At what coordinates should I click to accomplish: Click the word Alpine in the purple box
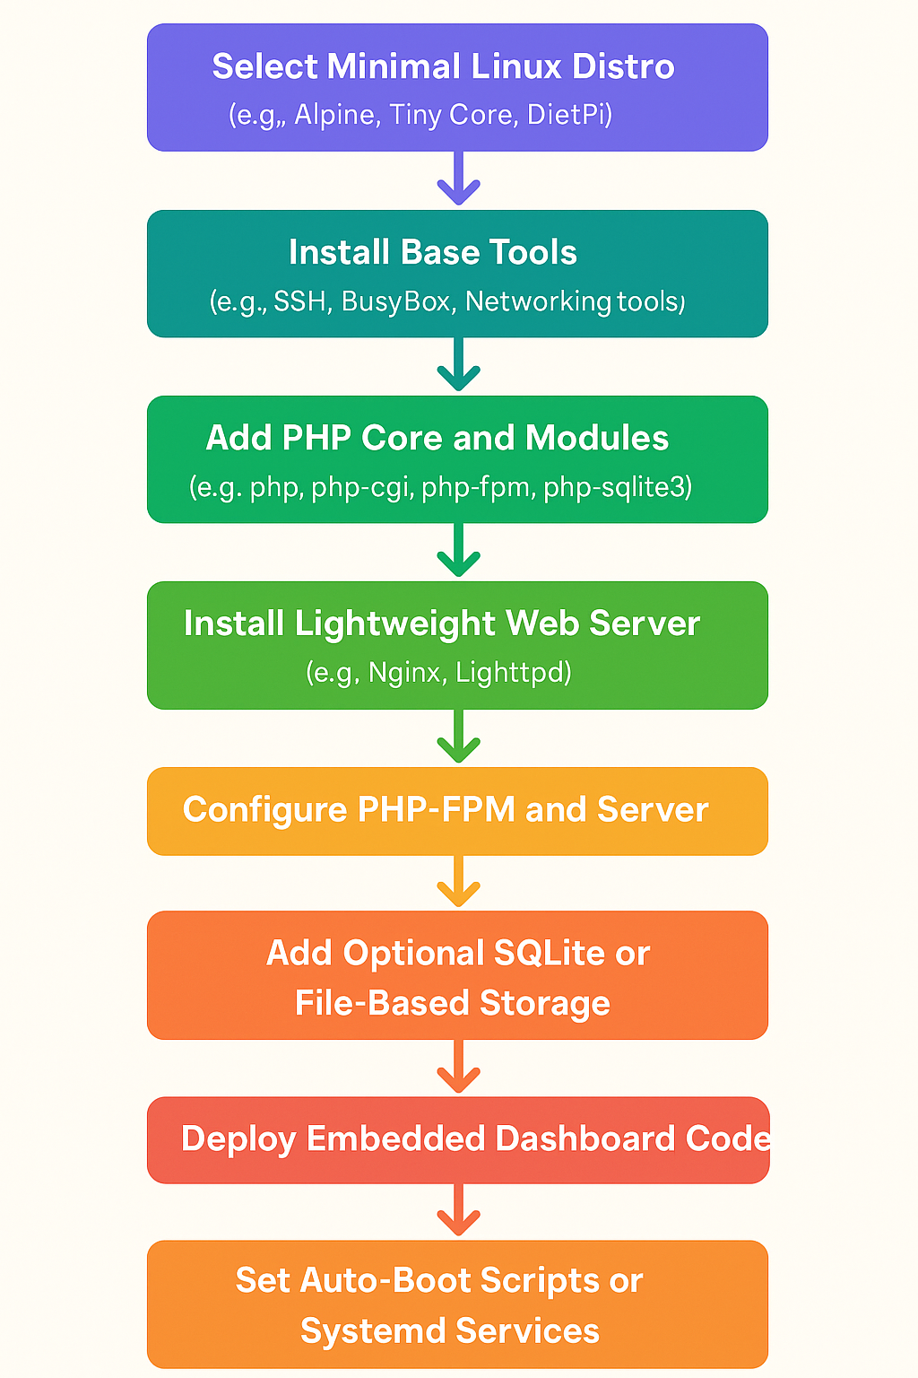(x=333, y=115)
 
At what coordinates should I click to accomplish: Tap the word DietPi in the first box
(x=569, y=115)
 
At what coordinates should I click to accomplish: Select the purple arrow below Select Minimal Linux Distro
(x=458, y=179)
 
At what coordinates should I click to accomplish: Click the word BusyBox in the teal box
(x=395, y=301)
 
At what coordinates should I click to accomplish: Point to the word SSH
(x=299, y=301)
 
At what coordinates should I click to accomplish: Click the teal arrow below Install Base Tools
(x=458, y=364)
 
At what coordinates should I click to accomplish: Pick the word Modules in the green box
(x=597, y=438)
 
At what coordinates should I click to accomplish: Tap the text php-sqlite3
(x=617, y=487)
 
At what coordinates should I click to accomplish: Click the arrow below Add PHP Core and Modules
(x=458, y=550)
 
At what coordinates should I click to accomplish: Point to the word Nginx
(x=404, y=673)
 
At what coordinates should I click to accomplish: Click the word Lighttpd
(x=513, y=673)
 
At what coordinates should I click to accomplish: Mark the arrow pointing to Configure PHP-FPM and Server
(x=458, y=737)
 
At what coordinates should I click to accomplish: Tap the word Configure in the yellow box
(x=264, y=810)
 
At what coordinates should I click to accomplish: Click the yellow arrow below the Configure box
(x=458, y=882)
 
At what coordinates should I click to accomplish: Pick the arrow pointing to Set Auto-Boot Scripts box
(x=458, y=1211)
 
